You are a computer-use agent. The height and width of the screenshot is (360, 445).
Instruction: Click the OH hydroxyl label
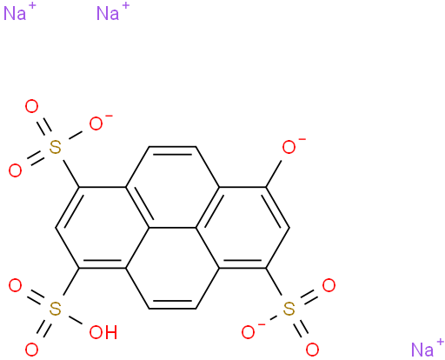pos(103,332)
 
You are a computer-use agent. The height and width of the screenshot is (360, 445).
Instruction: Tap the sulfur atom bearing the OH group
pos(55,309)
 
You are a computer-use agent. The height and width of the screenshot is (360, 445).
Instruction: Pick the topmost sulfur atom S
pos(55,147)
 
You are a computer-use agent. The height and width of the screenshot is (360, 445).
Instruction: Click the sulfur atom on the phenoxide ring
pos(289,309)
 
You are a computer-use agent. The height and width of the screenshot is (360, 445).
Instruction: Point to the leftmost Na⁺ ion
pos(19,12)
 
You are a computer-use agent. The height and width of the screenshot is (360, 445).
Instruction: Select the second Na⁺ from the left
pos(113,12)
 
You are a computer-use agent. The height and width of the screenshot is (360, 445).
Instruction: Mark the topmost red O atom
pos(31,106)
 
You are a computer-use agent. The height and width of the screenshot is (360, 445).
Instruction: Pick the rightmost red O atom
pos(329,285)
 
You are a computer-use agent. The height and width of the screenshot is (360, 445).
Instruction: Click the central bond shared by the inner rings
pos(173,228)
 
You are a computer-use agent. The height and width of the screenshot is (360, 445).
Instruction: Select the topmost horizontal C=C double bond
pos(173,150)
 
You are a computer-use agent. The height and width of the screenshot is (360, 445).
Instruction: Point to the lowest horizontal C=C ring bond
pos(173,305)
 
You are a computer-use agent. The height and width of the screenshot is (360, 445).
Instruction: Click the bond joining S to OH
pos(75,320)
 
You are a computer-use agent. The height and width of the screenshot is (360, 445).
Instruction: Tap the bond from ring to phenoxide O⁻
pos(274,174)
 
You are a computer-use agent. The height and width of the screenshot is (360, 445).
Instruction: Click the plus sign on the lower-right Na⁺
pos(441,343)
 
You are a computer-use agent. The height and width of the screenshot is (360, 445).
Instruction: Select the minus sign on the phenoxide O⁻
pos(302,140)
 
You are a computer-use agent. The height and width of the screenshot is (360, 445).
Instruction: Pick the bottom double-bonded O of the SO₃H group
pos(31,350)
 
